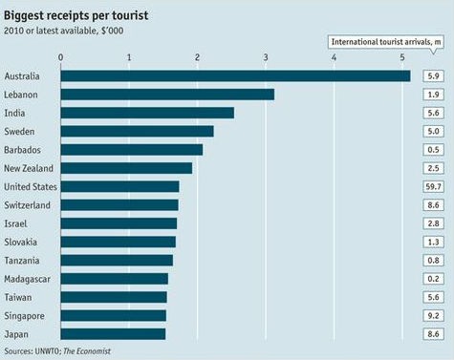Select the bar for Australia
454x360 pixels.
tap(235, 75)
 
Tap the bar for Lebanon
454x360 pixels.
tap(167, 95)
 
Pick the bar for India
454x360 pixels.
tap(147, 113)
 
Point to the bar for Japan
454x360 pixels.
tap(113, 333)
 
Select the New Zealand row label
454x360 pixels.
tap(28, 168)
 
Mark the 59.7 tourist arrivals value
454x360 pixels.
tap(433, 186)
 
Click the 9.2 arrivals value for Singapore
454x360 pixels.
tap(433, 315)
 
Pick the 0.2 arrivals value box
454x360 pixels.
tap(433, 278)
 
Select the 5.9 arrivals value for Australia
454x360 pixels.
tap(433, 76)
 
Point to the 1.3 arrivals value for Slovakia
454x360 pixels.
tap(433, 242)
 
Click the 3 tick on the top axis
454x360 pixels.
tap(266, 58)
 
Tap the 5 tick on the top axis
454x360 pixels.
tap(402, 58)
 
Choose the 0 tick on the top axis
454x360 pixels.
tap(61, 58)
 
